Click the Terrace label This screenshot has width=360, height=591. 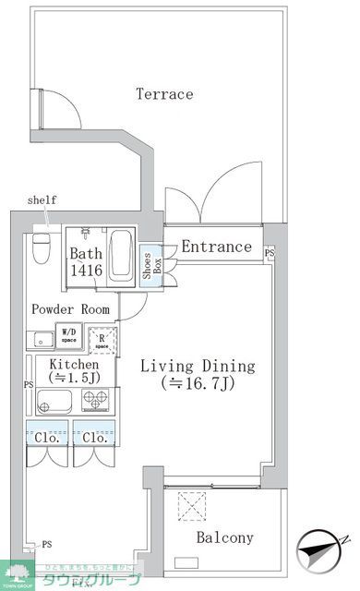pyautogui.click(x=164, y=94)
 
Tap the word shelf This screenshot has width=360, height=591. pyautogui.click(x=42, y=200)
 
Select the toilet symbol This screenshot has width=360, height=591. pyautogui.click(x=41, y=247)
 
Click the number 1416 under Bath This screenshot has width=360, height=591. pyautogui.click(x=86, y=271)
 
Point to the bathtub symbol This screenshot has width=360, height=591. pyautogui.click(x=122, y=256)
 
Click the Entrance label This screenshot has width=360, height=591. pyautogui.click(x=216, y=247)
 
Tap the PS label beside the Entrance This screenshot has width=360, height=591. pyautogui.click(x=270, y=252)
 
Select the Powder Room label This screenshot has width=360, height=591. pyautogui.click(x=70, y=309)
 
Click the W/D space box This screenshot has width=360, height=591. pyautogui.click(x=70, y=334)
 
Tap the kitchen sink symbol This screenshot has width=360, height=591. pyautogui.click(x=55, y=401)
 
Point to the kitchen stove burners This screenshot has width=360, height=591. pyautogui.click(x=96, y=400)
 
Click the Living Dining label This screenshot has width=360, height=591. pyautogui.click(x=197, y=367)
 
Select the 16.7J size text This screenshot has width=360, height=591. pyautogui.click(x=197, y=383)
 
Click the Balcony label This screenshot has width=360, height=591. pyautogui.click(x=225, y=537)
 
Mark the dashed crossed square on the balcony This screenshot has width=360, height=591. pyautogui.click(x=195, y=506)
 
